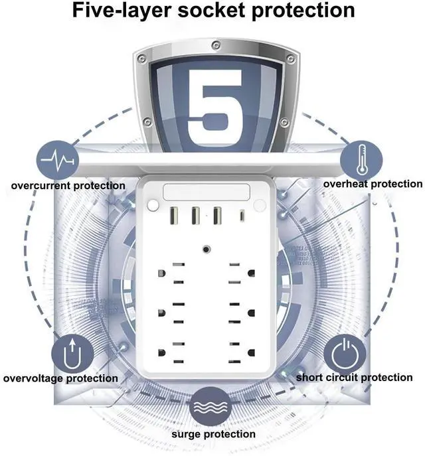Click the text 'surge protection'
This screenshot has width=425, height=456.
(x=213, y=434)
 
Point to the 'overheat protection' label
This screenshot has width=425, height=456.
(x=373, y=184)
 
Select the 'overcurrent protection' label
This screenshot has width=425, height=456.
(x=68, y=185)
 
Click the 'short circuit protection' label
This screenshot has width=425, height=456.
(x=354, y=378)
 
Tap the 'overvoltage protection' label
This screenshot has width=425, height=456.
(x=60, y=378)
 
